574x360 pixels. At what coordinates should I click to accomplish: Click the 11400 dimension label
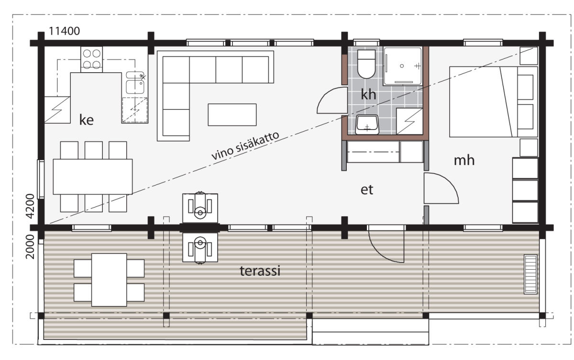(64, 31)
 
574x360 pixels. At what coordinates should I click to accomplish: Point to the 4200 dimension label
(30, 206)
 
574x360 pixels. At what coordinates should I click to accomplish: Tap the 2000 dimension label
(30, 247)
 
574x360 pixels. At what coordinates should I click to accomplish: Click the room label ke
(87, 120)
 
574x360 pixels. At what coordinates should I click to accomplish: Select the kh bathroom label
(368, 94)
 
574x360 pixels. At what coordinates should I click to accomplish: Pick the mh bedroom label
(464, 161)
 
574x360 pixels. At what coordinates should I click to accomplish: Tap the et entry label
(367, 190)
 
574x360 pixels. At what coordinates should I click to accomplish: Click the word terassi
(260, 271)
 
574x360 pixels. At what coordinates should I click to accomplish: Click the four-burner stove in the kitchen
(91, 59)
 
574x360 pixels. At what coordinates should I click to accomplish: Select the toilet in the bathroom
(366, 64)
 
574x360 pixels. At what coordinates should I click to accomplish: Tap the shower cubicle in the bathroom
(403, 66)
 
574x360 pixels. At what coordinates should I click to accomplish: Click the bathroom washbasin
(367, 125)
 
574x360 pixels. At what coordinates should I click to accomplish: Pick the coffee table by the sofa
(232, 115)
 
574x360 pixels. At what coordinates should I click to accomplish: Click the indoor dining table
(93, 177)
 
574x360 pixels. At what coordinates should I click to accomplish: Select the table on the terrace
(109, 280)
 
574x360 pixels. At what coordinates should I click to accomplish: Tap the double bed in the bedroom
(493, 102)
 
